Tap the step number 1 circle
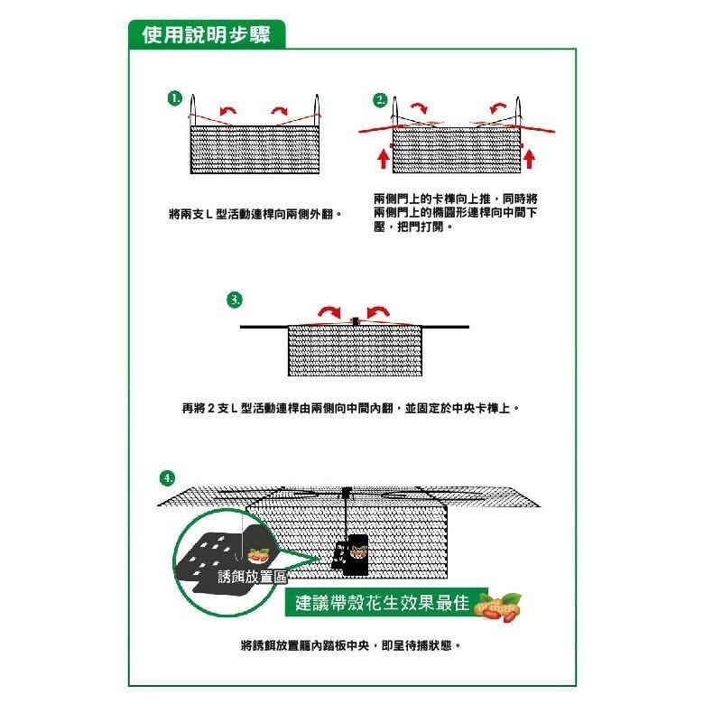(174, 97)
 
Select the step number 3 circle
(235, 299)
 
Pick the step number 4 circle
(166, 477)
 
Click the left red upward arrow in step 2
(384, 159)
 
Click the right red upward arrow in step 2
(530, 159)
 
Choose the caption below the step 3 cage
(352, 408)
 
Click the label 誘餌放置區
(245, 577)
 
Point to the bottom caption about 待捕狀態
(351, 646)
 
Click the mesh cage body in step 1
(256, 150)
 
